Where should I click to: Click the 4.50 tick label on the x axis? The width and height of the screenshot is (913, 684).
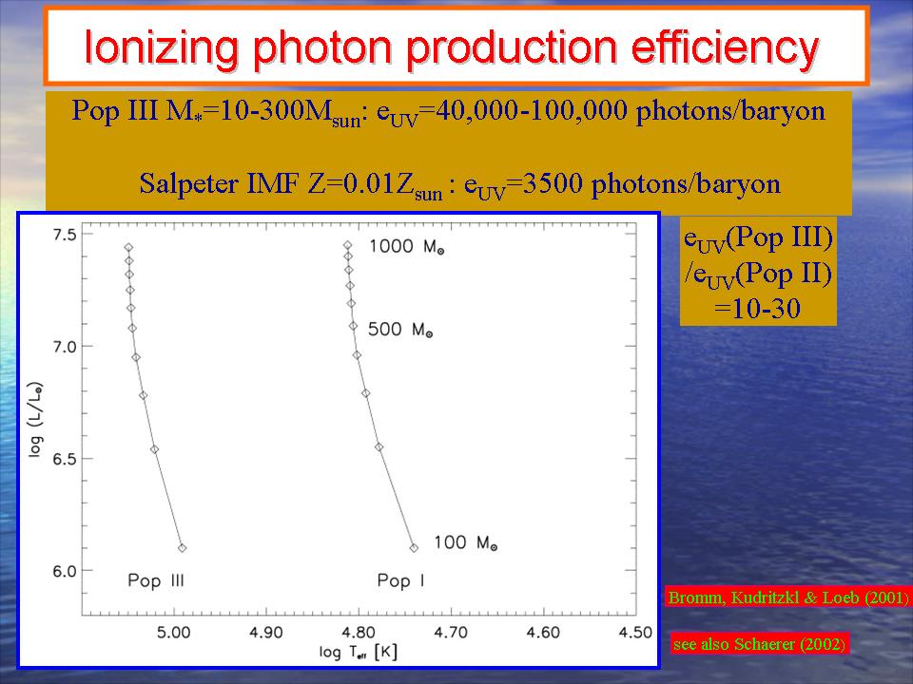click(635, 633)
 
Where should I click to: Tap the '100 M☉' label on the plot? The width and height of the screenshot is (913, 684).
click(466, 543)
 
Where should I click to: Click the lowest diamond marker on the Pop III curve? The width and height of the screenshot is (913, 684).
click(182, 547)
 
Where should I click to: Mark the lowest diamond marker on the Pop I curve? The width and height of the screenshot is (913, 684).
click(413, 547)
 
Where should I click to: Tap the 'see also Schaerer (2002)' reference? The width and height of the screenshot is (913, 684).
click(759, 643)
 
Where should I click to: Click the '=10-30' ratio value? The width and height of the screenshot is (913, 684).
click(758, 310)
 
